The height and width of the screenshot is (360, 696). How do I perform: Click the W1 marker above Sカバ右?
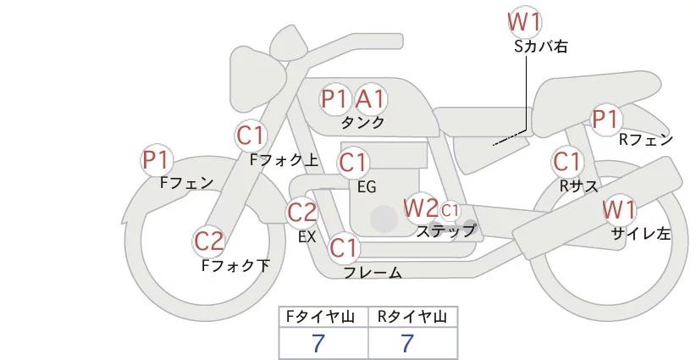(525, 20)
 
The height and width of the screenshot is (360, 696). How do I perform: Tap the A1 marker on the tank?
(370, 99)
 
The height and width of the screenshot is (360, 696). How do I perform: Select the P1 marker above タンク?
(335, 99)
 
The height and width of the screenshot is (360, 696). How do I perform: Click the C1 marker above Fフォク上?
(251, 135)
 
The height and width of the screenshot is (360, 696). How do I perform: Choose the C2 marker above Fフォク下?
(209, 242)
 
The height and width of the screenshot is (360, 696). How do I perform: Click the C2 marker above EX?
(302, 212)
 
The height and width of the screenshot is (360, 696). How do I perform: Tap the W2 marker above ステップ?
(421, 208)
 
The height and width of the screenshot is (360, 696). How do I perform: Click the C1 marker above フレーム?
(345, 248)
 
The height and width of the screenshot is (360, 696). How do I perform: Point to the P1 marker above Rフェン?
(605, 119)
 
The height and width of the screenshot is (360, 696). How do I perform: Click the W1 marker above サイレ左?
(619, 209)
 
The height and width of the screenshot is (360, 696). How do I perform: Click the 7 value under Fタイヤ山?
(319, 343)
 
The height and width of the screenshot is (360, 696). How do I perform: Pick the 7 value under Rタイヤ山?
(408, 343)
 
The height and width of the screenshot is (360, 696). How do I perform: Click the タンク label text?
(362, 123)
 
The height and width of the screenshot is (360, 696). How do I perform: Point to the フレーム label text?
(373, 273)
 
